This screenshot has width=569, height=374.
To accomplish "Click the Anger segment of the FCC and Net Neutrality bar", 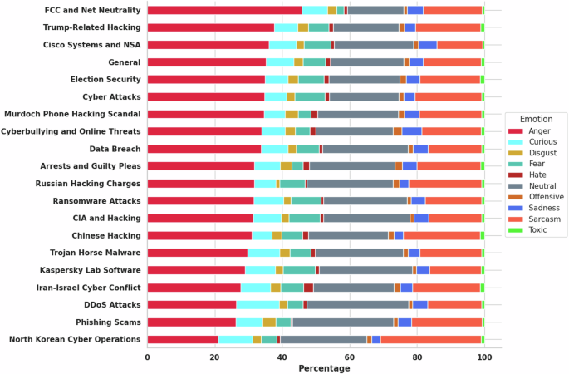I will pyautogui.click(x=224, y=10).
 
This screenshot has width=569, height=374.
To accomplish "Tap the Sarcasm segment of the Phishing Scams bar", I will pyautogui.click(x=447, y=322).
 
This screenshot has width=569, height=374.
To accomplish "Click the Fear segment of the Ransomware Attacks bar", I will pyautogui.click(x=306, y=200).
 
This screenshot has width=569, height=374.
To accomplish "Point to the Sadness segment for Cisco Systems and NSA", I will pyautogui.click(x=428, y=45).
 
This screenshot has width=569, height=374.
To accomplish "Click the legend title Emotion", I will pyautogui.click(x=536, y=119).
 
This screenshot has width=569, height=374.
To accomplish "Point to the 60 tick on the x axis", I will pyautogui.click(x=350, y=357).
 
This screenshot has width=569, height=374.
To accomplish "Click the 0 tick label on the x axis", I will pyautogui.click(x=147, y=357).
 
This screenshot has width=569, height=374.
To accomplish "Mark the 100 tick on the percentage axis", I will pyautogui.click(x=484, y=357).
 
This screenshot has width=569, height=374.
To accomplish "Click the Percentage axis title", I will pyautogui.click(x=316, y=368).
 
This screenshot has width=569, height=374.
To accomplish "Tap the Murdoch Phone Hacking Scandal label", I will pyautogui.click(x=73, y=114).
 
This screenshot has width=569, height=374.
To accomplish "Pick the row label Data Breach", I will pyautogui.click(x=115, y=149).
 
